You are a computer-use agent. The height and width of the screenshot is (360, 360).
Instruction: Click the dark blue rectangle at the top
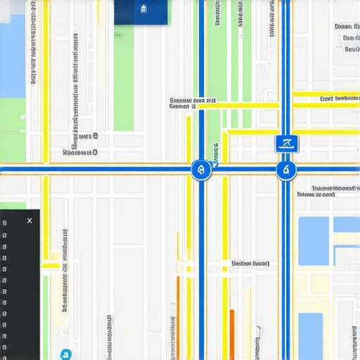coord(141,12)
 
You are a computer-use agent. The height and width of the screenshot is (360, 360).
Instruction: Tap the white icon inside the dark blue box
coord(143,8)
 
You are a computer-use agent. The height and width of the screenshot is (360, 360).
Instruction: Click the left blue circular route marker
coord(201,169)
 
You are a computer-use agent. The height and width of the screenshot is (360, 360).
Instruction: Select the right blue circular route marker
coord(285,169)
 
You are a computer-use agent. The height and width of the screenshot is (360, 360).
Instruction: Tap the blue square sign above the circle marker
coord(286,144)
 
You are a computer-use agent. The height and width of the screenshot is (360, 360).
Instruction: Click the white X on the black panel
coord(29,221)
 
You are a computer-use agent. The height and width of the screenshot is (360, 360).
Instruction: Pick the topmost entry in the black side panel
coord(5,223)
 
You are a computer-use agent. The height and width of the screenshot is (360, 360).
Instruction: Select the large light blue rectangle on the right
coord(314,240)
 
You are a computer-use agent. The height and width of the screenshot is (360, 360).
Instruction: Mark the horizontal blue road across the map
coord(105,169)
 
